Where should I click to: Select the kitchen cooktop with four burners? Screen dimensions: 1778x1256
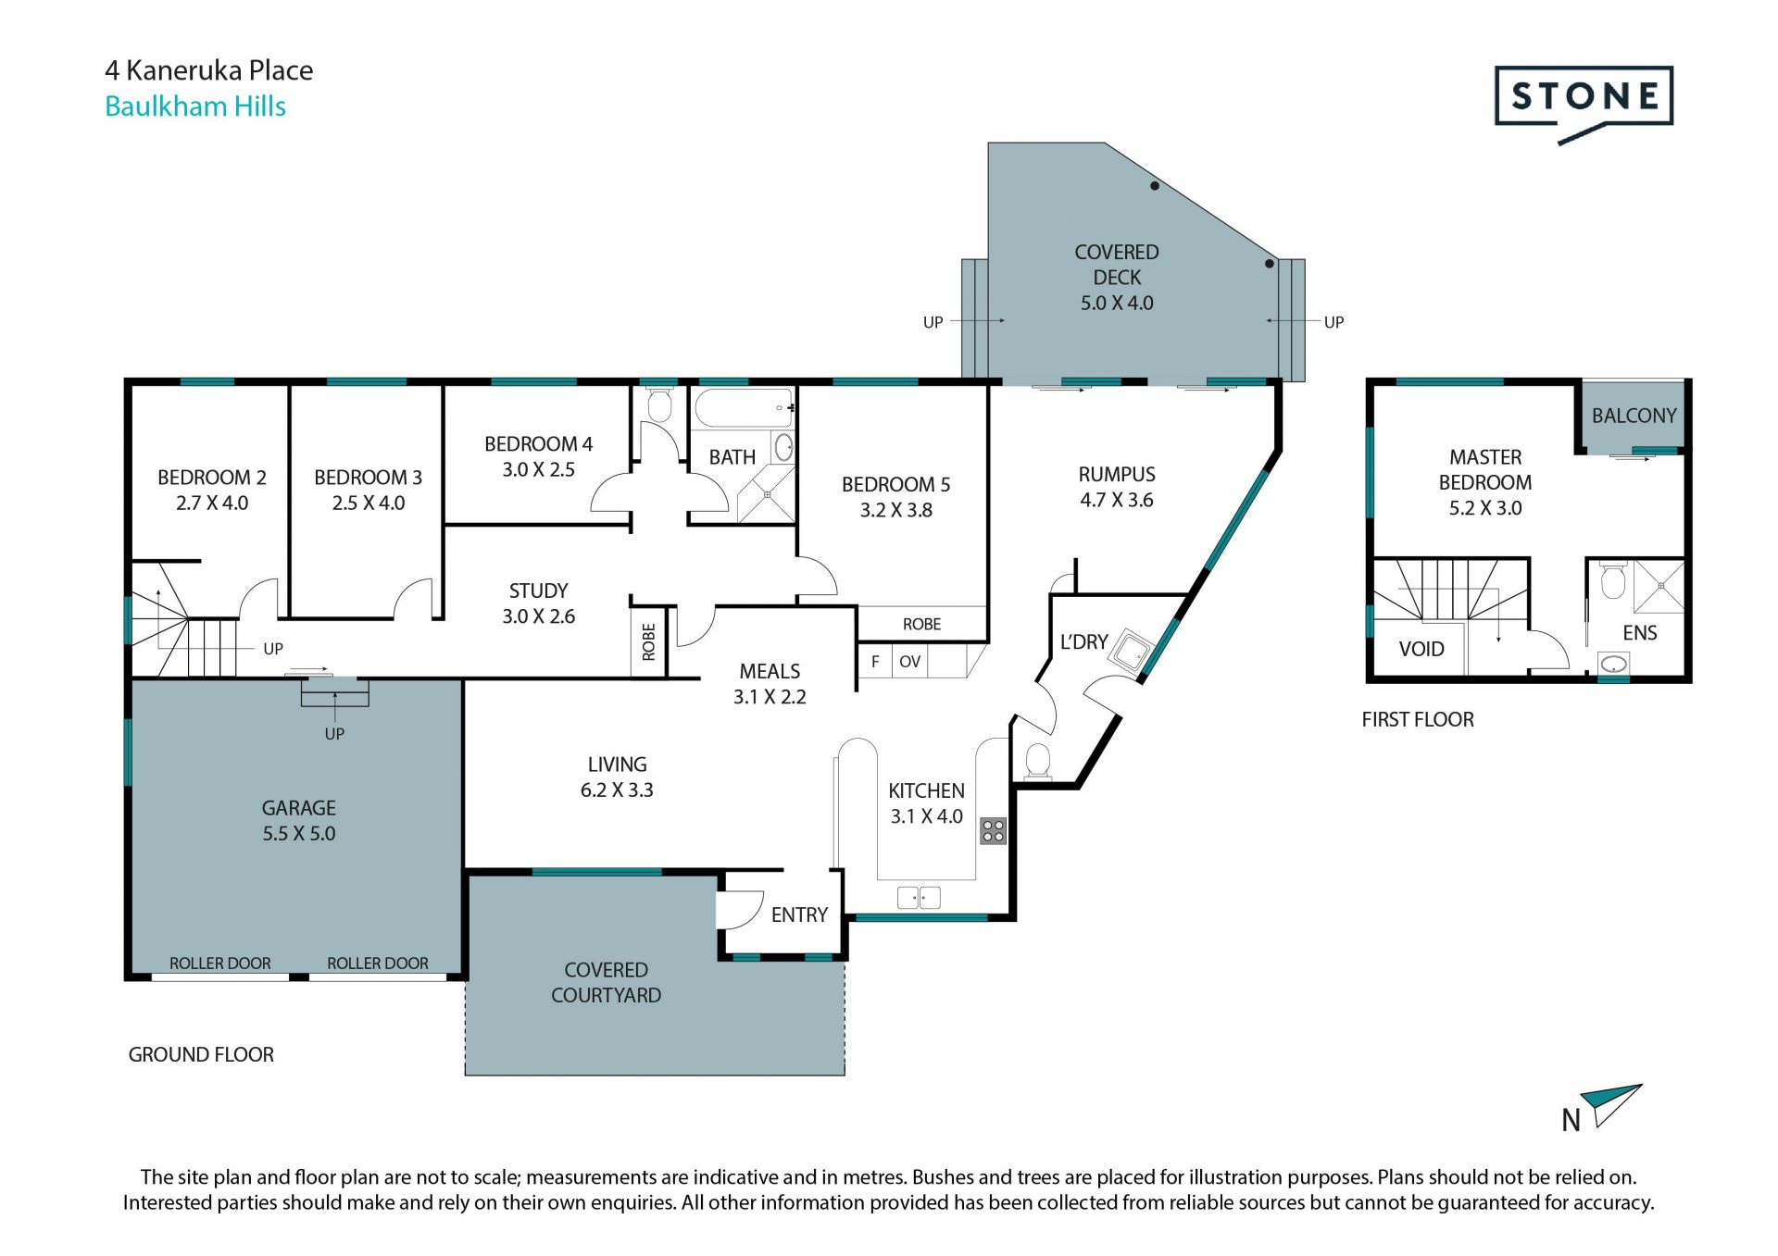(x=993, y=830)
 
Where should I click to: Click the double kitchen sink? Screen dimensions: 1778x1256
(x=919, y=896)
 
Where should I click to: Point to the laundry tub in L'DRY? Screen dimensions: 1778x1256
(x=1132, y=651)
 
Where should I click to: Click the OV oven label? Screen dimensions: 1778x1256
(x=909, y=662)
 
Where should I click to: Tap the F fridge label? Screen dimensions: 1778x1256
(x=875, y=662)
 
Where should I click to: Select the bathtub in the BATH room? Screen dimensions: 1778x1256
(x=744, y=408)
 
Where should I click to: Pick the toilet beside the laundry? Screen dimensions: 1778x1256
(x=1038, y=762)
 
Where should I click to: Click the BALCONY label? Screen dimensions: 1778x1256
(x=1634, y=416)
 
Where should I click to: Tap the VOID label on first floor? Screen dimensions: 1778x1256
(x=1421, y=649)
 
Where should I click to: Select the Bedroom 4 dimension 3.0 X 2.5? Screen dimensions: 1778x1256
(x=538, y=469)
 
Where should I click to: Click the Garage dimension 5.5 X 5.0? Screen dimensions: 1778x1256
(x=298, y=833)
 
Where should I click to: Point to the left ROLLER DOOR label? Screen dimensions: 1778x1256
(x=219, y=963)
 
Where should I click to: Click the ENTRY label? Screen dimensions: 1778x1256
(x=799, y=914)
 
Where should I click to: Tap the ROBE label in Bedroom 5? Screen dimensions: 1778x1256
(x=921, y=624)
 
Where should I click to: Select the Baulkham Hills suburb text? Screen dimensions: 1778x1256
(x=195, y=106)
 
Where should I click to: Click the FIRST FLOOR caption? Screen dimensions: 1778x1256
(x=1417, y=719)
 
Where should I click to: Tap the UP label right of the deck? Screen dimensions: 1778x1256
(x=1333, y=322)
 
